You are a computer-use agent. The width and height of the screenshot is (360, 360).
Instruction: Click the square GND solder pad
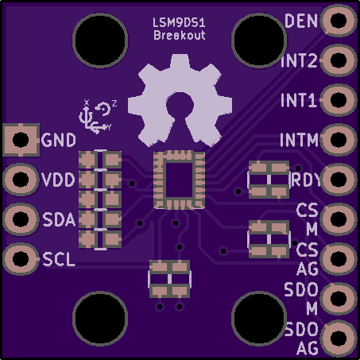21,140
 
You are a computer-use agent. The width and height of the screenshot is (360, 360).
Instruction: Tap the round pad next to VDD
21,180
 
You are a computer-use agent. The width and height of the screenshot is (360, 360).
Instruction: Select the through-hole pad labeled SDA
21,219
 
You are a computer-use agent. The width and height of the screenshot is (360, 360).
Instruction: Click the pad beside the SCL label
21,259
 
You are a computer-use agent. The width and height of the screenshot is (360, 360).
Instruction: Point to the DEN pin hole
339,20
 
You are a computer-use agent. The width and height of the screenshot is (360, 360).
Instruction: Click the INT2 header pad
339,60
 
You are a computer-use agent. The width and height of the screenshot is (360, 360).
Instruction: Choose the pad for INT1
339,100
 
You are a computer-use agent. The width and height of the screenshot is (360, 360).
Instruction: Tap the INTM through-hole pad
339,140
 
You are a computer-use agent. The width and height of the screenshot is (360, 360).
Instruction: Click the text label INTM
299,140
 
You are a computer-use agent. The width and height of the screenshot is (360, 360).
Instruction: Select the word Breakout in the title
180,35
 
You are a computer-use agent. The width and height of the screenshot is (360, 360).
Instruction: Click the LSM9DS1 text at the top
179,23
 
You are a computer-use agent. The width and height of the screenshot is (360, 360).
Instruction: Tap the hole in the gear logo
180,105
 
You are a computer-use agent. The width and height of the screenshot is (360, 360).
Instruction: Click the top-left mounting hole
100,40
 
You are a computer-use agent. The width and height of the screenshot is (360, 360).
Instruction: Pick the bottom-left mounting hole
100,318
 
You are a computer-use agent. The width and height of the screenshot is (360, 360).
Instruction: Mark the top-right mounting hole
259,40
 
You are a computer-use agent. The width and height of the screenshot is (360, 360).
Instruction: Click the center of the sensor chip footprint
179,180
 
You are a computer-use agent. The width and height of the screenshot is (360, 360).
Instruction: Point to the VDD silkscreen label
58,180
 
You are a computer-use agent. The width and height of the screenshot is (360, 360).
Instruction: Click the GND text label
59,140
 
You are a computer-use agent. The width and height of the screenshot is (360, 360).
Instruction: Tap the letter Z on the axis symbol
114,103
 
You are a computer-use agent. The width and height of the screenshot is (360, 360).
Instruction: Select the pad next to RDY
339,180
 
